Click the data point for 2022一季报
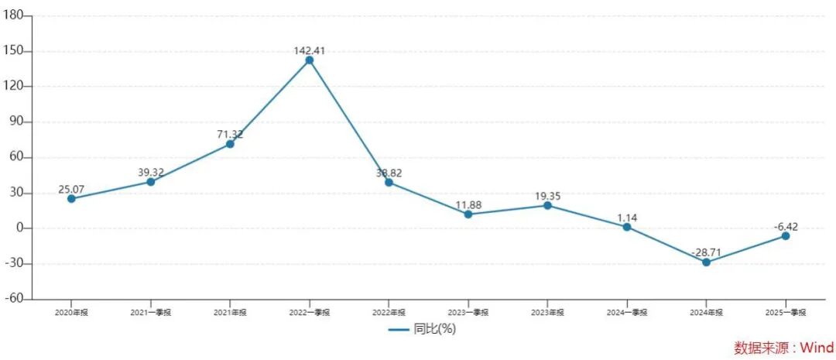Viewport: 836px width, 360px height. (x=310, y=60)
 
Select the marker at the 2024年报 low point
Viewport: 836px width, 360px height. (x=706, y=262)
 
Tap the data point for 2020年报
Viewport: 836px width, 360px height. (x=71, y=199)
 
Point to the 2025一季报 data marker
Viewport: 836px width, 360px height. (x=786, y=236)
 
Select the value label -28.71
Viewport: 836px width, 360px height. (x=706, y=252)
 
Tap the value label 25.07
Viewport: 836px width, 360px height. (x=71, y=189)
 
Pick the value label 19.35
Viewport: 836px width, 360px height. (x=547, y=197)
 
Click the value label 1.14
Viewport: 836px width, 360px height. (x=626, y=218)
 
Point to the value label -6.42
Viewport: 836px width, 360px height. (x=786, y=226)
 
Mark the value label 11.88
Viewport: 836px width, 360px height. (x=468, y=204)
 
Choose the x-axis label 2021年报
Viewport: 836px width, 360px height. (x=230, y=313)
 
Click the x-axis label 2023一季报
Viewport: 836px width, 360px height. (x=468, y=313)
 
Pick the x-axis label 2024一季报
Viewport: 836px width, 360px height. (x=626, y=313)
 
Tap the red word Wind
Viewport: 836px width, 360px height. (x=815, y=348)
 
